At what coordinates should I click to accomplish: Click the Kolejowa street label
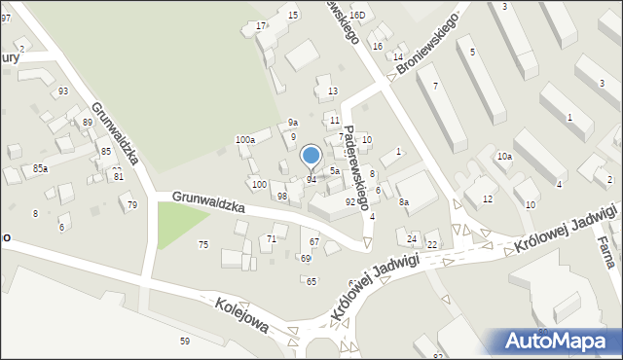pos(243,314)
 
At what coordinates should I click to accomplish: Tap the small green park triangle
pos(172,223)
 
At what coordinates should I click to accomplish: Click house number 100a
pos(244,140)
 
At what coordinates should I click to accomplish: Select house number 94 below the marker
pos(311,180)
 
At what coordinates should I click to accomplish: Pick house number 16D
pos(357,16)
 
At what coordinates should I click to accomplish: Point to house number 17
pos(260,25)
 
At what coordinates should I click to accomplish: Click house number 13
pos(332,91)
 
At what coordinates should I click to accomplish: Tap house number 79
pos(132,204)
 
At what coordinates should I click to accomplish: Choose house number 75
pos(203,245)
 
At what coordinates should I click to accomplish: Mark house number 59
pos(184,341)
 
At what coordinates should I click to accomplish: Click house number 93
pos(63,91)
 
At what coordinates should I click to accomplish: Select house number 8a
pos(403,202)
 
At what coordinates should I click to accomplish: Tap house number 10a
pos(503,157)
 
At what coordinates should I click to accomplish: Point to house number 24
pos(412,239)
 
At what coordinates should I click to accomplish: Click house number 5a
pos(333,171)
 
